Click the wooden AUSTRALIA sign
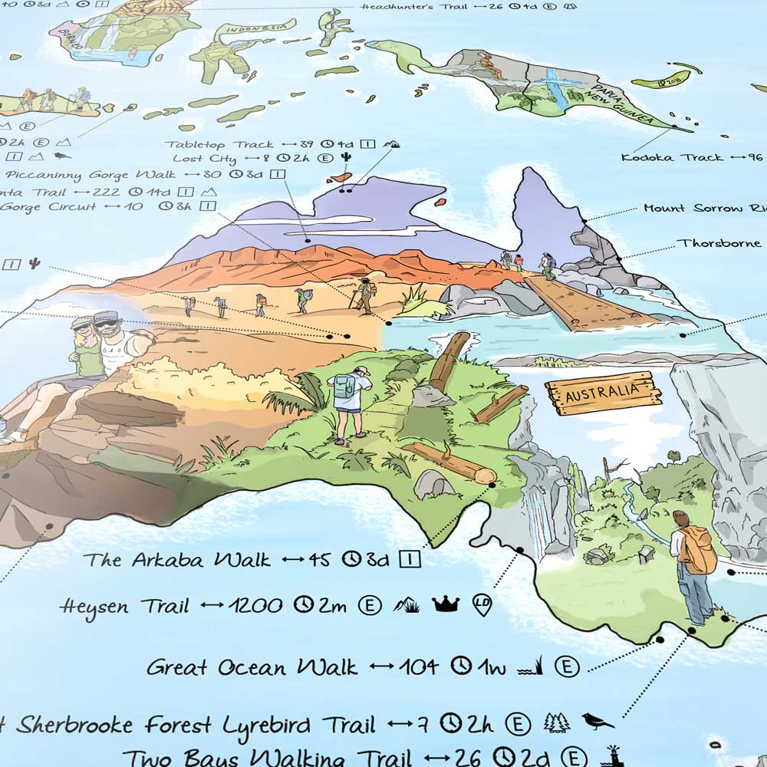pyautogui.click(x=603, y=393)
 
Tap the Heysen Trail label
pyautogui.click(x=124, y=607)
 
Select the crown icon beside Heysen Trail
pyautogui.click(x=445, y=604)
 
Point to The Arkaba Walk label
pyautogui.click(x=177, y=560)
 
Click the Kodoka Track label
pyautogui.click(x=672, y=157)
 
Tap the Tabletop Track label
pyautogui.click(x=219, y=144)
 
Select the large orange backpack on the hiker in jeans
pyautogui.click(x=697, y=549)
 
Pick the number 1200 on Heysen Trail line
pyautogui.click(x=257, y=606)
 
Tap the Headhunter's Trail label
pyautogui.click(x=407, y=8)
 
